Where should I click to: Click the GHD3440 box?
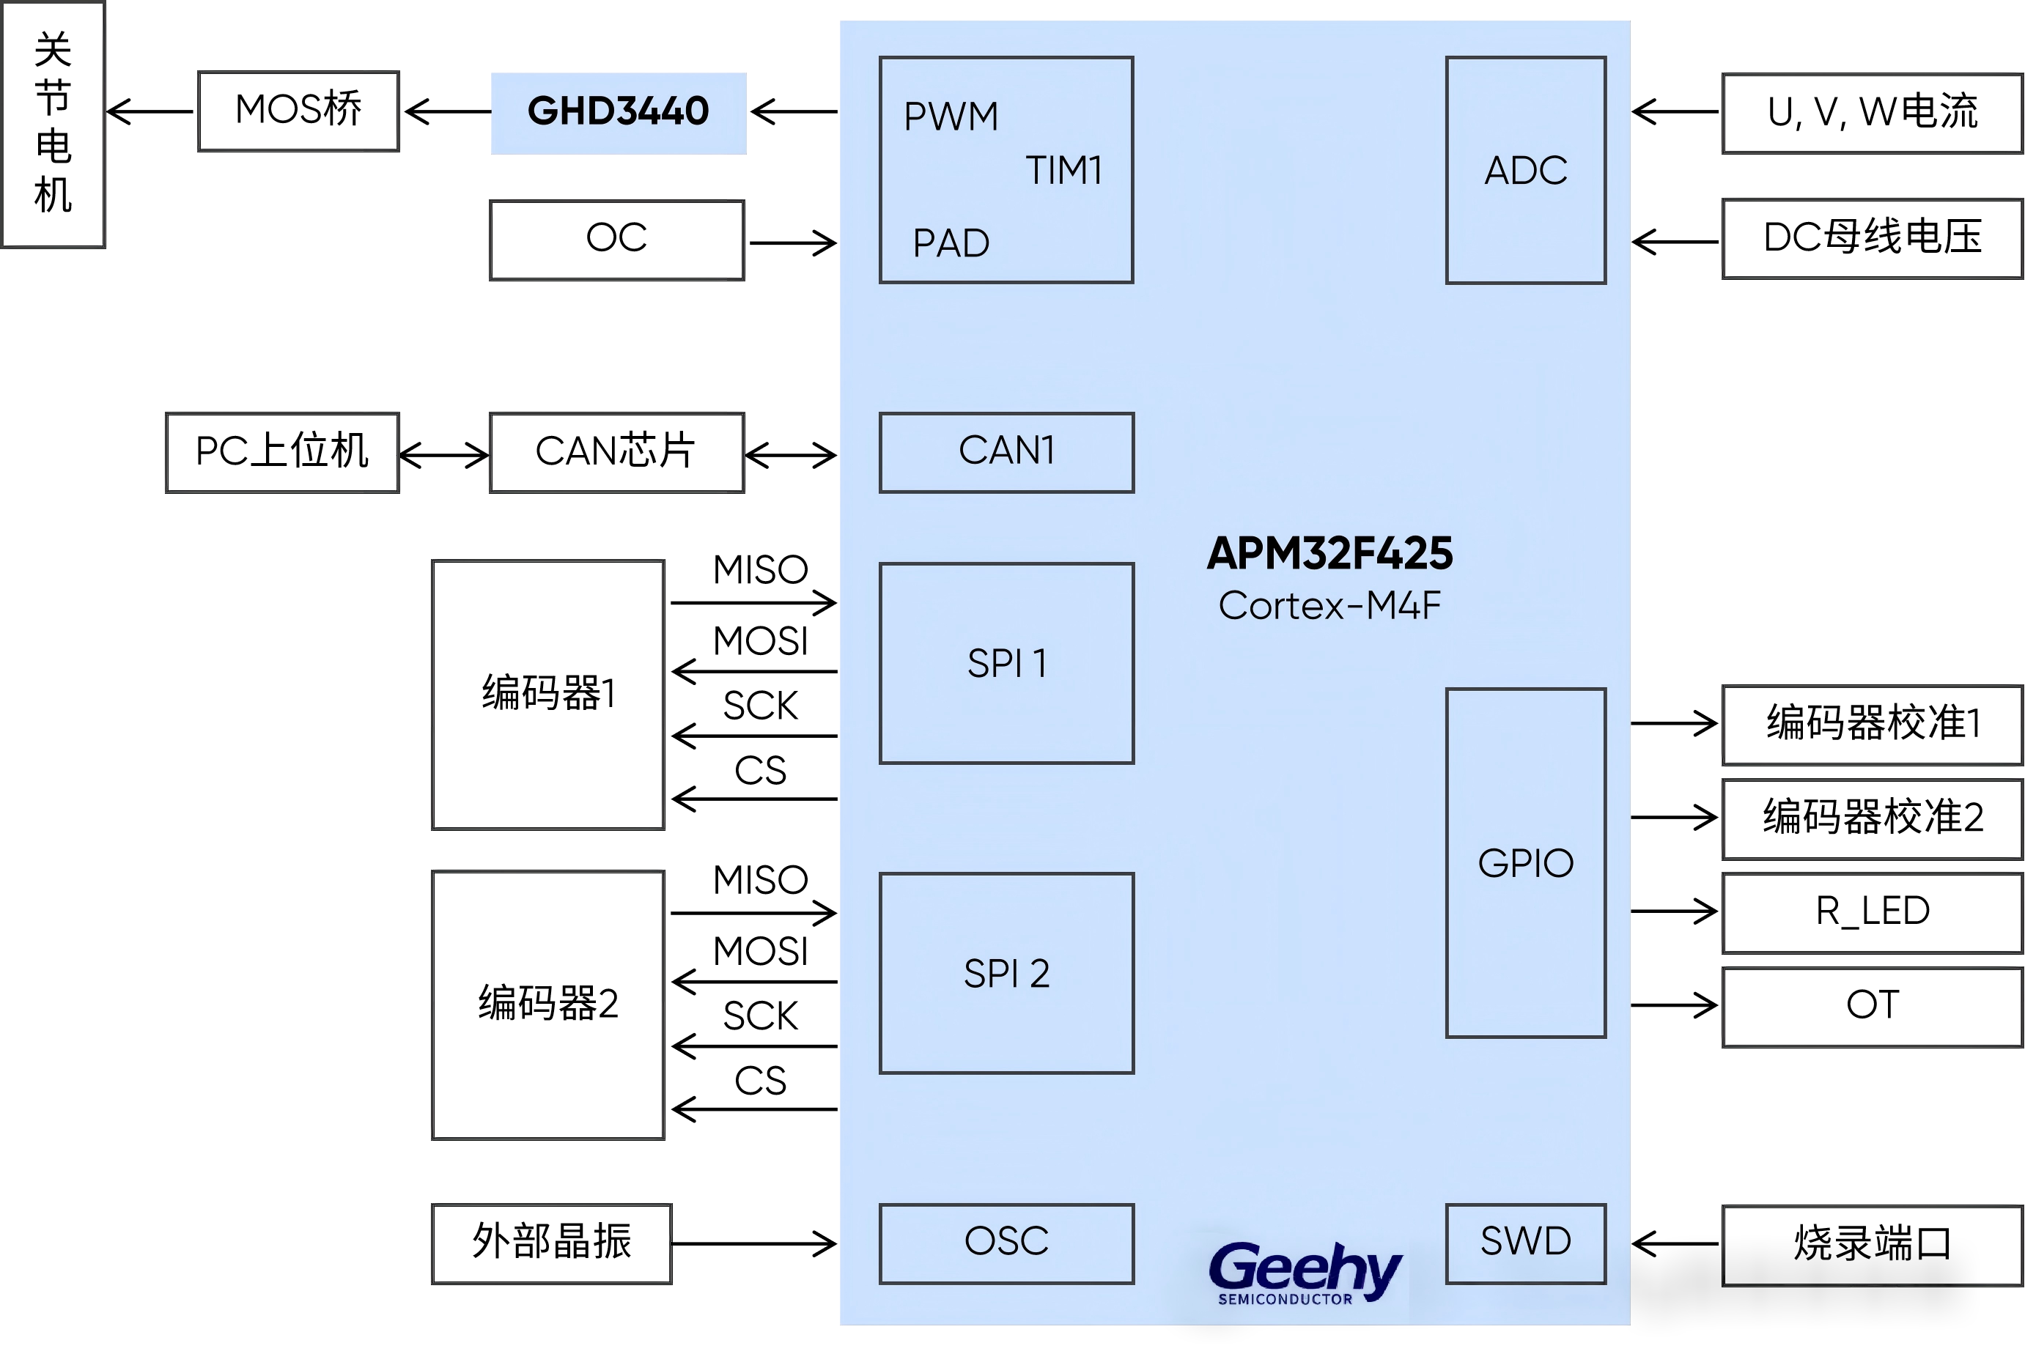click(x=618, y=112)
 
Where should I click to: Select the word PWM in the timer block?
click(x=951, y=116)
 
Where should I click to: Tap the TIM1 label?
click(x=1064, y=171)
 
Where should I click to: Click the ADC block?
click(x=1525, y=171)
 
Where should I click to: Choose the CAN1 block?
click(x=1006, y=452)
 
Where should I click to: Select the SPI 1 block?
click(x=1006, y=663)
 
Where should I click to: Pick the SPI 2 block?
click(x=1006, y=973)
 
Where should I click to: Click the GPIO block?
click(x=1525, y=862)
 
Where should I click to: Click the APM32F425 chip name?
click(x=1329, y=554)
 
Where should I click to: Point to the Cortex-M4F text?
click(x=1329, y=606)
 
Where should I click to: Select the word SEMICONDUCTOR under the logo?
click(x=1285, y=1300)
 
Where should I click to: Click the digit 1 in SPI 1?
click(x=1039, y=663)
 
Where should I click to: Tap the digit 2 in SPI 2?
click(x=1039, y=973)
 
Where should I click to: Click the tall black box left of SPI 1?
click(x=547, y=695)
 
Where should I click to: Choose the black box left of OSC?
click(x=551, y=1243)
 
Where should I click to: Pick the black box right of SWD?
click(x=1872, y=1245)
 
